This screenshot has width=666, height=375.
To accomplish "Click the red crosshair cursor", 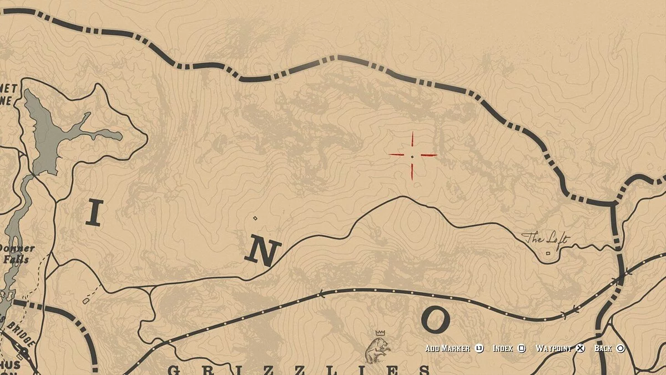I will (x=412, y=156).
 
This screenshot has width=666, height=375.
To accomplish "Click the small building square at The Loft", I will (x=548, y=253).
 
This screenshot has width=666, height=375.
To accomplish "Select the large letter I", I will (x=94, y=213).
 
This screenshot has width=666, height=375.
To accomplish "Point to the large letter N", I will (x=261, y=252).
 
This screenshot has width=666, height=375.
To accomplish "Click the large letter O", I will (x=435, y=319).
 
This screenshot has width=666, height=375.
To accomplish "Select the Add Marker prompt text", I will (x=448, y=348).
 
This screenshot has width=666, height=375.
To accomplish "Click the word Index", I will (x=503, y=348).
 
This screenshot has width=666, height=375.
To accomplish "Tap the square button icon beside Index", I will (x=522, y=348).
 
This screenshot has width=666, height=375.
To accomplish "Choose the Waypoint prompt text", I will (x=553, y=348).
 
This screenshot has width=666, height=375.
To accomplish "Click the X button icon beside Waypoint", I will (x=580, y=348).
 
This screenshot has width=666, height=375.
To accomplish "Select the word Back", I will (x=603, y=348).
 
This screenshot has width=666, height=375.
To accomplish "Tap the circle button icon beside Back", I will (x=620, y=348).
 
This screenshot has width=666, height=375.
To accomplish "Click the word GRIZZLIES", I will (x=299, y=370).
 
